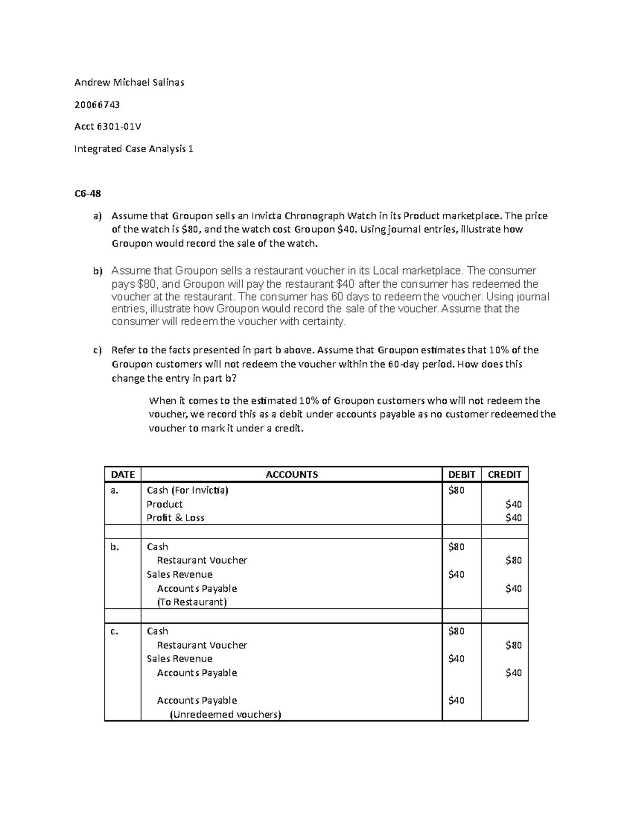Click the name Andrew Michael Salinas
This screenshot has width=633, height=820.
pos(129,82)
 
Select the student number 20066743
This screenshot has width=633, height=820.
pos(97,105)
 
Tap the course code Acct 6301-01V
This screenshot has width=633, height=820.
pos(108,127)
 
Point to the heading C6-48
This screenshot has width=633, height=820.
pos(88,193)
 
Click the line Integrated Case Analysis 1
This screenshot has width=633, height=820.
pos(133,149)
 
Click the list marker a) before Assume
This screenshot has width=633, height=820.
pos(97,216)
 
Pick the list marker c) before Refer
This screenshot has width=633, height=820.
pos(97,350)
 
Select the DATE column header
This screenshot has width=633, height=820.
pos(123,474)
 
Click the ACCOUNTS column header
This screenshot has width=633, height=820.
pos(292,474)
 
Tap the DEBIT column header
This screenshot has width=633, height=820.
pos(462,474)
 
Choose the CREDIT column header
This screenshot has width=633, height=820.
pos(504,474)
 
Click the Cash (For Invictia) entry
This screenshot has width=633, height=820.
pos(187,490)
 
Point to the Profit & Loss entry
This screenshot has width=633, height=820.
pos(175,518)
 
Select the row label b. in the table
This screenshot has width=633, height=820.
pos(115,547)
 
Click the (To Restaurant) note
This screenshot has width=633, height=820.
pos(191,602)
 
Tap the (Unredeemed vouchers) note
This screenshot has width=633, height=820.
pos(225,714)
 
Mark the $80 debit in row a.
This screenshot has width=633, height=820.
pos(456,490)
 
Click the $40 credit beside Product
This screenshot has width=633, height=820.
pos(513,504)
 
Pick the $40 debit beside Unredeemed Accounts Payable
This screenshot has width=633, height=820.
pos(456,701)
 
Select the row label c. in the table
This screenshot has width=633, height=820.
pos(114,631)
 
